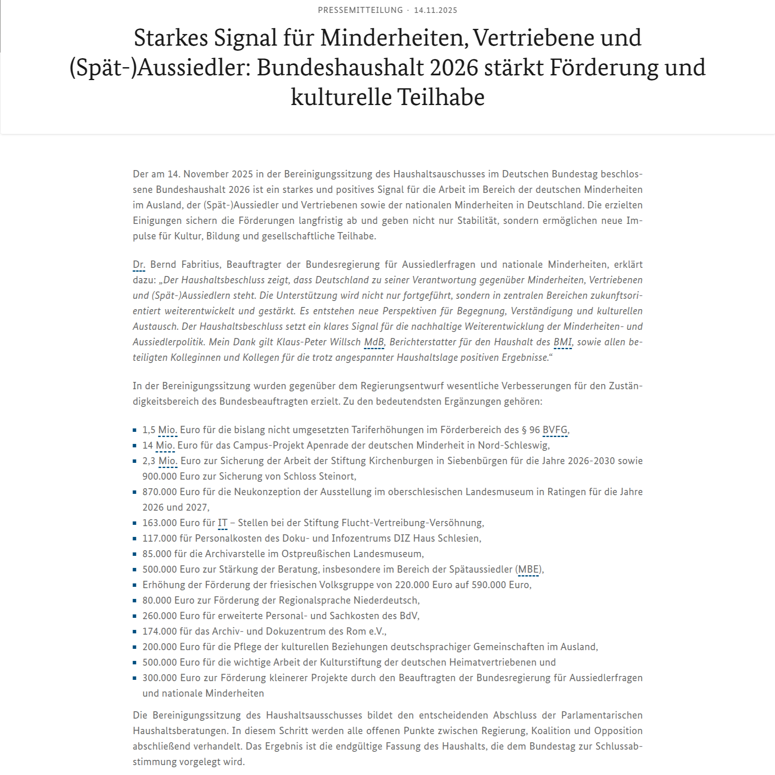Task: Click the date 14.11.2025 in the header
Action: click(x=435, y=10)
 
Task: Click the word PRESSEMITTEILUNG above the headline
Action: click(x=360, y=10)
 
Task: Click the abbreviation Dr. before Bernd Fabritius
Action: click(x=139, y=264)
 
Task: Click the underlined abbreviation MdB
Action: click(x=374, y=342)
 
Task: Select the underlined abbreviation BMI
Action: click(x=562, y=342)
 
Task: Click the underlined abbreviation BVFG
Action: click(x=555, y=430)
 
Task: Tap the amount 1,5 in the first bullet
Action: click(x=149, y=430)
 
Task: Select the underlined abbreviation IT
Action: click(x=222, y=523)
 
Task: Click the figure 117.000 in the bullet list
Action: click(x=157, y=538)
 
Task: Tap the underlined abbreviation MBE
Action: click(x=528, y=569)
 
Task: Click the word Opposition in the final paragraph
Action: click(x=618, y=731)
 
